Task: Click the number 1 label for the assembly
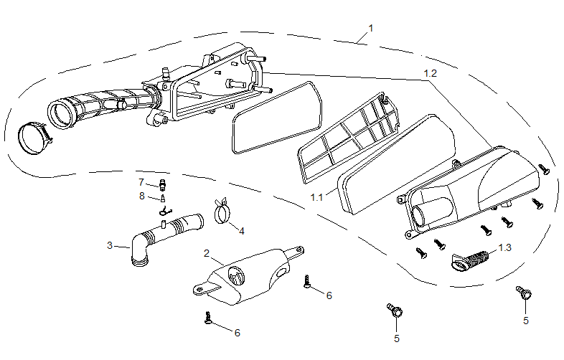pos(371,28)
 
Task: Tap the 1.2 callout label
pos(430,73)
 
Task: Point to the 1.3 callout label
pos(505,247)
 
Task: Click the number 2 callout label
pos(207,253)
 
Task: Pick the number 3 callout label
pos(110,245)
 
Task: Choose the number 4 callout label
pos(242,231)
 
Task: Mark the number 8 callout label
pos(141,195)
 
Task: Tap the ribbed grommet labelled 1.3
pos(470,259)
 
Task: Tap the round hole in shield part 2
pos(235,275)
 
